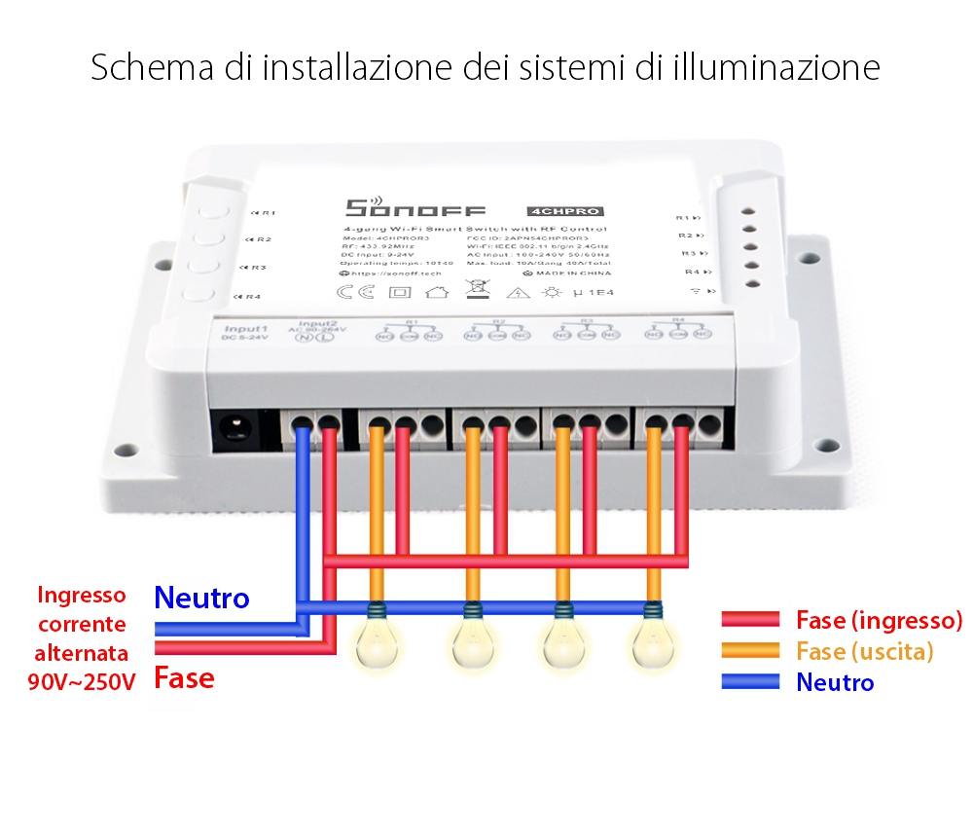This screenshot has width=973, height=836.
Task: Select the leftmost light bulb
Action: click(x=377, y=642)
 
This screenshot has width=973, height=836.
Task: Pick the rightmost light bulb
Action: click(x=652, y=642)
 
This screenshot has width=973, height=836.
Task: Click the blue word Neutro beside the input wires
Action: click(x=201, y=598)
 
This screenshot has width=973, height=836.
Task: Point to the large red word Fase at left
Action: click(x=184, y=677)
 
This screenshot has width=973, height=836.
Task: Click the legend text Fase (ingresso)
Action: click(x=879, y=620)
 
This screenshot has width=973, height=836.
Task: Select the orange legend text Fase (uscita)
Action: click(x=864, y=651)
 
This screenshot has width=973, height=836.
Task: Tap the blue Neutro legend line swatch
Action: click(x=750, y=682)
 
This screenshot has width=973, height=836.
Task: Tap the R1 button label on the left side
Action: click(x=265, y=213)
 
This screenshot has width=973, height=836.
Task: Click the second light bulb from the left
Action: click(x=472, y=642)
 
